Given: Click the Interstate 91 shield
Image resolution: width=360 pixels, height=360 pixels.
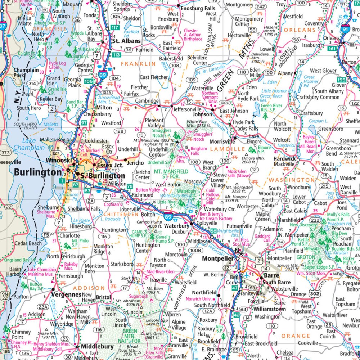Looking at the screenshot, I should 345,29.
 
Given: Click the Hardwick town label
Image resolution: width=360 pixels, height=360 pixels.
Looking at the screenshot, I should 284,159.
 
